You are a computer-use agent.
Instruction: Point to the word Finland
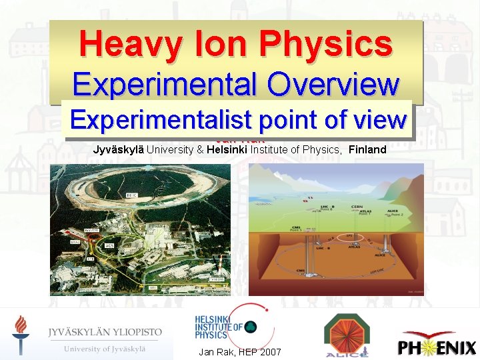click(x=367, y=149)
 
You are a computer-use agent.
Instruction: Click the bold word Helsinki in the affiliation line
click(x=227, y=149)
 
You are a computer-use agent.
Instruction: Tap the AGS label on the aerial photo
click(x=108, y=245)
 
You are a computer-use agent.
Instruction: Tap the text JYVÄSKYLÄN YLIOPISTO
click(x=105, y=331)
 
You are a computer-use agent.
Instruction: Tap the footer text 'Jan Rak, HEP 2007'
click(x=239, y=352)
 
